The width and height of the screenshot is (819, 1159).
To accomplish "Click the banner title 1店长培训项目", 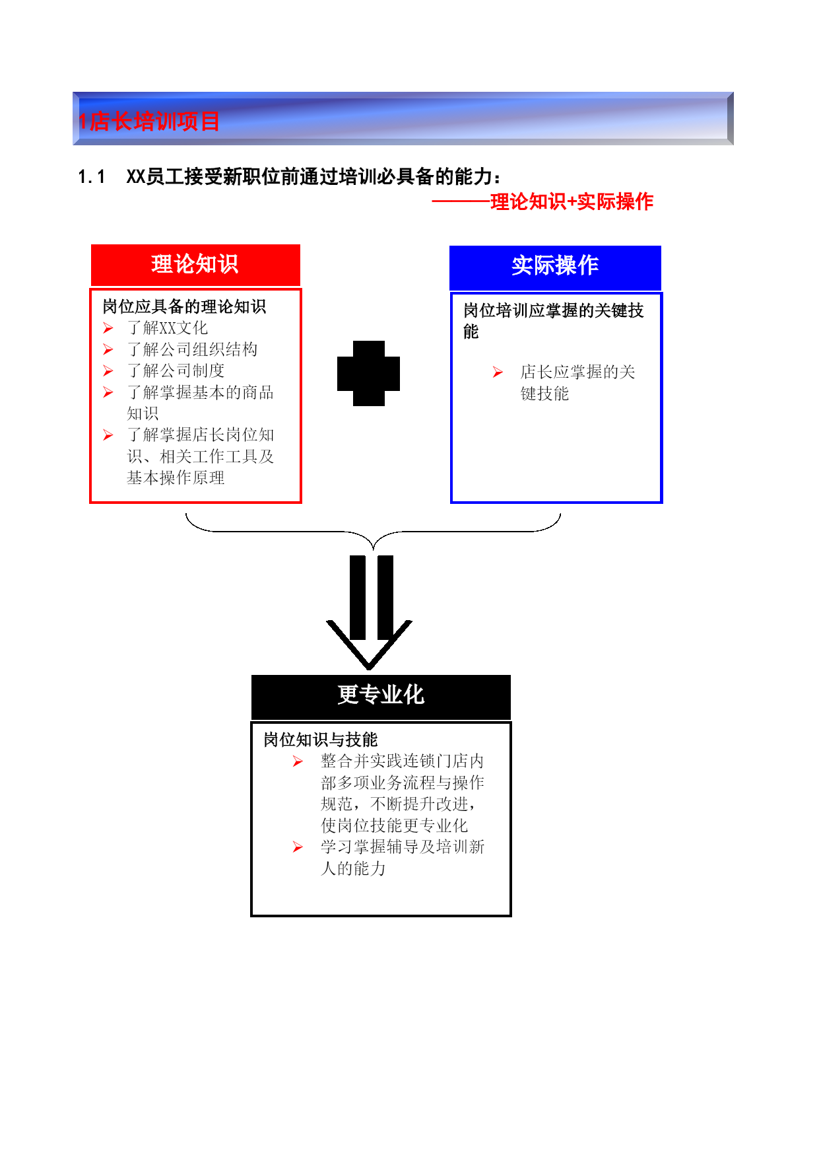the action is [x=148, y=122].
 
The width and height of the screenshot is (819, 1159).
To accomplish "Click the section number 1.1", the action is [x=92, y=177].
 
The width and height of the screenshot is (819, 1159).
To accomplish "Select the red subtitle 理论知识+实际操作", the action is [x=572, y=201].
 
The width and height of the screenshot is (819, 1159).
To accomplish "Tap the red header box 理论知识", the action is [x=195, y=265].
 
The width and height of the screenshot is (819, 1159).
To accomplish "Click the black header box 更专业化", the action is [x=381, y=697].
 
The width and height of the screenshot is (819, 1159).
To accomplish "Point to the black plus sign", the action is [x=368, y=373].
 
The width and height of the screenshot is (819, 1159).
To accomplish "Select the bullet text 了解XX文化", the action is [x=168, y=328].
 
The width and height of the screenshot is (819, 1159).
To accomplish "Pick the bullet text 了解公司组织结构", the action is [x=192, y=349].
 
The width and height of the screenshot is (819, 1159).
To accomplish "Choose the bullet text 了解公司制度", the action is [x=176, y=370].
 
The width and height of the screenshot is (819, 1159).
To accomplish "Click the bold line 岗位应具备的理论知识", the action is [x=184, y=306].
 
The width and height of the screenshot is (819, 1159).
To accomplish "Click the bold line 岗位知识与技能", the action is [x=321, y=740].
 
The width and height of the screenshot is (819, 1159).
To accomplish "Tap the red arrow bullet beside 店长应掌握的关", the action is [x=498, y=372].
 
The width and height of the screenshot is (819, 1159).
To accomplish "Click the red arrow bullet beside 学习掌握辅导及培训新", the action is [x=298, y=847].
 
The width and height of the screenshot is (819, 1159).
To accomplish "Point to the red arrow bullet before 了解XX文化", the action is [x=108, y=328].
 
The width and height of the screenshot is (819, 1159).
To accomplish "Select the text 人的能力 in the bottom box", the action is [x=353, y=868].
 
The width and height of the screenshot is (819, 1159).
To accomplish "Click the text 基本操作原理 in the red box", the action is [x=176, y=477].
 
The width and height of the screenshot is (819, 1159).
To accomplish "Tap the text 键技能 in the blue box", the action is [x=544, y=394].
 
